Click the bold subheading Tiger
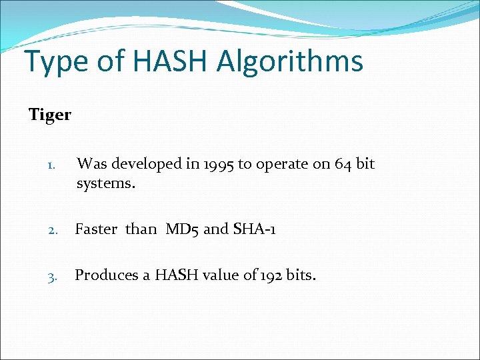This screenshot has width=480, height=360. [50, 115]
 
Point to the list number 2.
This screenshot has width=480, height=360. [56, 231]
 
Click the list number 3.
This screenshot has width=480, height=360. [56, 276]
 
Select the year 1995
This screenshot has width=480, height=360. [214, 164]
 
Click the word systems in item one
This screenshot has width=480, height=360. [105, 183]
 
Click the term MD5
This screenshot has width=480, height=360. [182, 229]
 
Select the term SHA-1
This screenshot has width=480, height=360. [253, 229]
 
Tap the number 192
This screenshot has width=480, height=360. [270, 275]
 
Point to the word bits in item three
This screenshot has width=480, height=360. [300, 275]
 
